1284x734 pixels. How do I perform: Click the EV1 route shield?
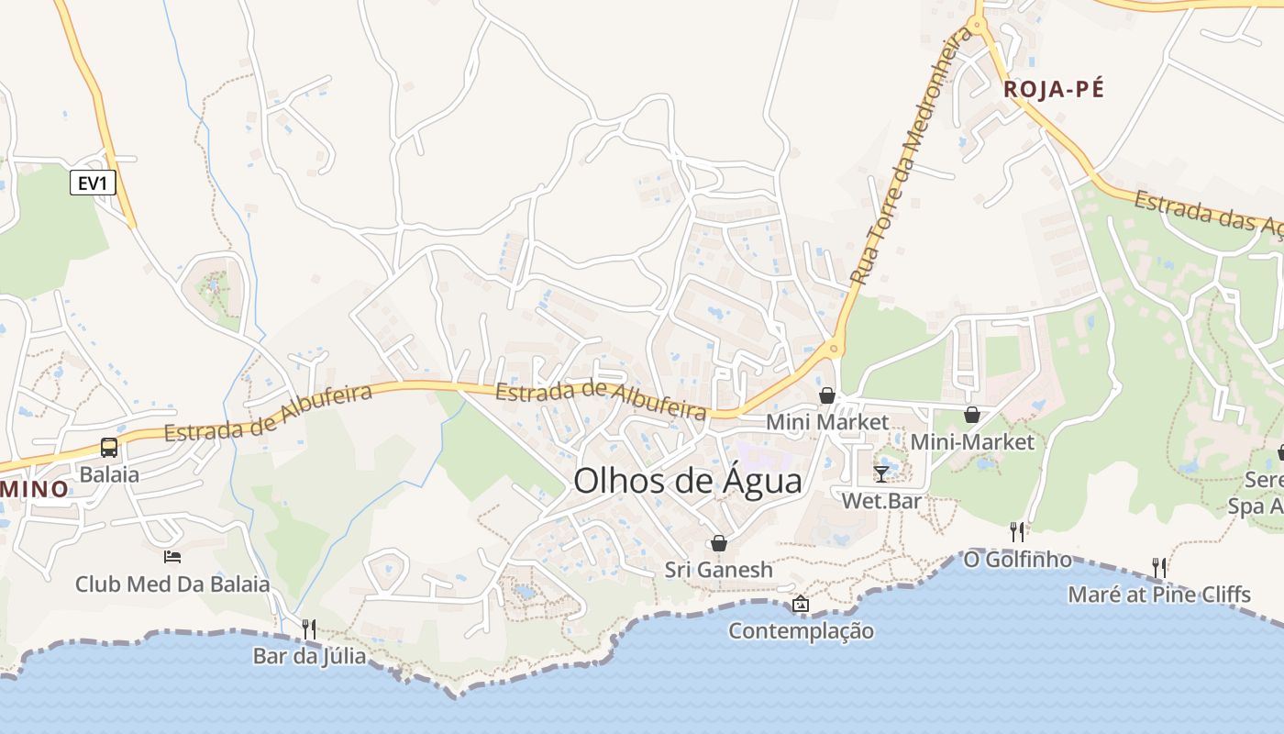[x=93, y=183]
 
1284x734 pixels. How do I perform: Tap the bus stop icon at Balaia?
[x=109, y=448]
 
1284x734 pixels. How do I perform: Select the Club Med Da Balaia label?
[x=172, y=584]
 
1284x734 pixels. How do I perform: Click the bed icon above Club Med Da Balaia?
[x=172, y=556]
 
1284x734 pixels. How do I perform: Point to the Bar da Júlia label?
[x=309, y=656]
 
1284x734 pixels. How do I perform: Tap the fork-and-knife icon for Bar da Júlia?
[x=309, y=628]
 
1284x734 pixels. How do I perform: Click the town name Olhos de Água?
[x=687, y=481]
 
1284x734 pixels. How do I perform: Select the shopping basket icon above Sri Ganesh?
[x=719, y=543]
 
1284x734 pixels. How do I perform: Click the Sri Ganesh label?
[x=719, y=570]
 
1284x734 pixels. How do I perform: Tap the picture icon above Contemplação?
[x=801, y=604]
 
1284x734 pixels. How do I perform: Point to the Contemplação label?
[x=801, y=631]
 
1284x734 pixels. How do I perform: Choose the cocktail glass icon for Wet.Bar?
[x=881, y=474]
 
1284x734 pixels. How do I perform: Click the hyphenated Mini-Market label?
[x=972, y=442]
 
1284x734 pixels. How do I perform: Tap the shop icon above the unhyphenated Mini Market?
[x=827, y=395]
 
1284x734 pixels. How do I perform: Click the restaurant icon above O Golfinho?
[x=1016, y=531]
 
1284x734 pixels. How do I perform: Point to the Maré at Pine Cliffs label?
[x=1159, y=595]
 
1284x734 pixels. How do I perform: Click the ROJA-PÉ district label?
[x=1054, y=89]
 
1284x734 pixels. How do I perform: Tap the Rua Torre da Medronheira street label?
[x=911, y=156]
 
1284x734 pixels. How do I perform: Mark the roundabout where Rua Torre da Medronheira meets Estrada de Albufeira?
[x=833, y=349]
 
